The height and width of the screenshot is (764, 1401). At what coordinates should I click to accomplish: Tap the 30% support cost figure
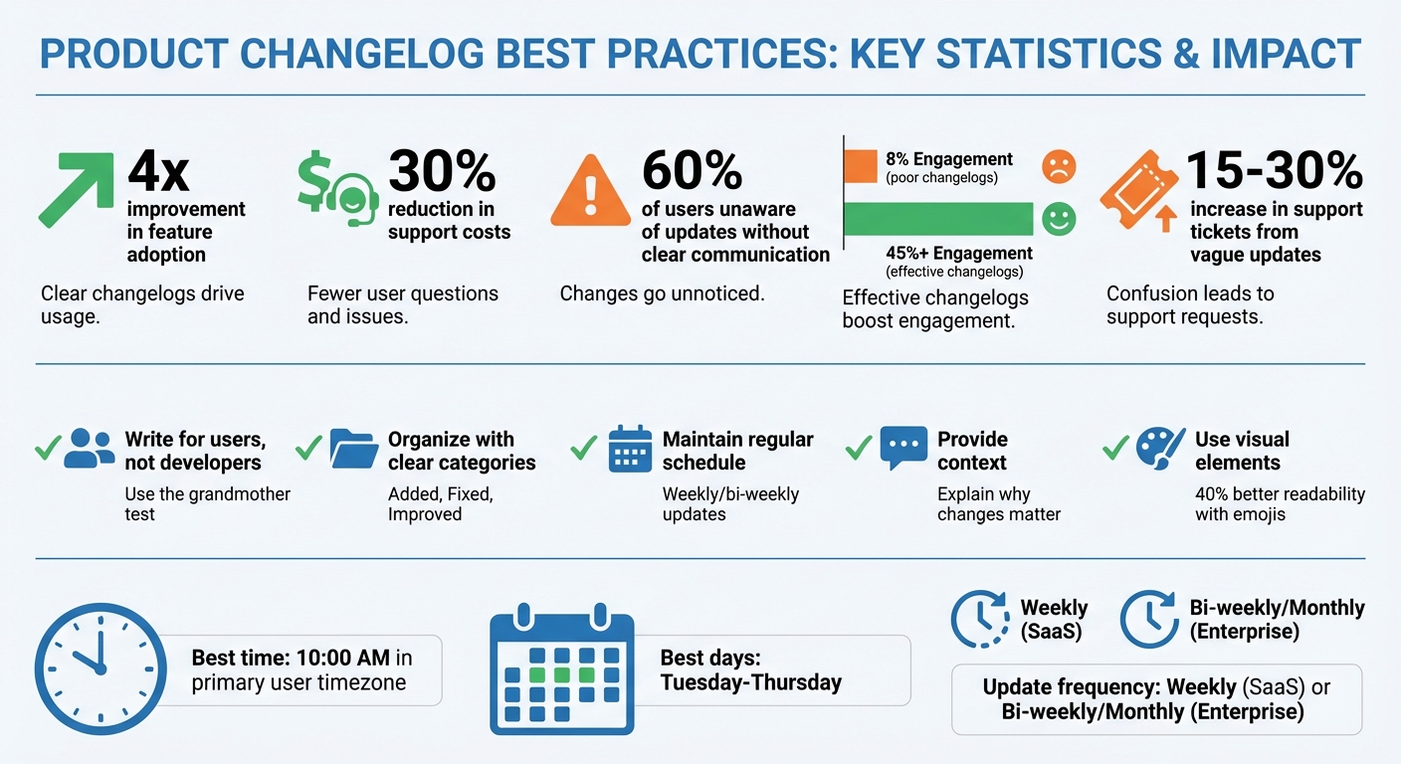tap(442, 171)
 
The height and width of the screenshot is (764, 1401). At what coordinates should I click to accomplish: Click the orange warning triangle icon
tap(590, 191)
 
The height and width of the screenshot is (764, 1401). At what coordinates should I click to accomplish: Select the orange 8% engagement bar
tap(861, 164)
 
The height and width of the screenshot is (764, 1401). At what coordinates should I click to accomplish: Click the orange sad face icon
tap(1059, 166)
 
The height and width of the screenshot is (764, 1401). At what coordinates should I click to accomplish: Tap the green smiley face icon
tap(1059, 219)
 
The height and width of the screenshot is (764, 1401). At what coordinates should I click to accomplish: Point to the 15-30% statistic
tap(1275, 171)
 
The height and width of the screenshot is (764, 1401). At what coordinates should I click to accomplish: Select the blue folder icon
tap(352, 449)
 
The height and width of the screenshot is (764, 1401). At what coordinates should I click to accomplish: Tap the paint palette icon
tap(1159, 449)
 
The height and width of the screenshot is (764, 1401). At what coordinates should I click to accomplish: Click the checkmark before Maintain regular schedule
tap(583, 449)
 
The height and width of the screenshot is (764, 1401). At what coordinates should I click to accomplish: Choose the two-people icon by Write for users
tap(90, 450)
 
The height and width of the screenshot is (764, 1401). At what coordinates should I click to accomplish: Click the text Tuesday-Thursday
tap(751, 682)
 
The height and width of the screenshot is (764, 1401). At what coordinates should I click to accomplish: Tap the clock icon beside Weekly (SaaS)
tap(980, 619)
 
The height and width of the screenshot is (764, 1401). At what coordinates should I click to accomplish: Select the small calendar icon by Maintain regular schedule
tap(629, 449)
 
